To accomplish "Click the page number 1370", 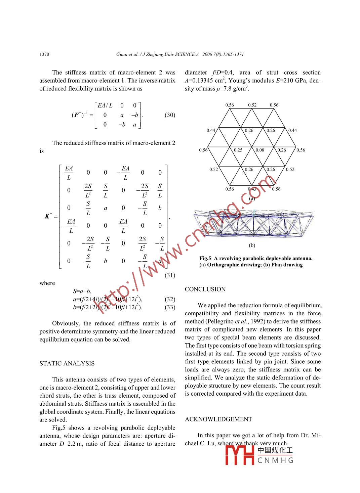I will (x=44, y=54).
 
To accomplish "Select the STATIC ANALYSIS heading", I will (x=67, y=363).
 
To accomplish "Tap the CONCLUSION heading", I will (x=205, y=289).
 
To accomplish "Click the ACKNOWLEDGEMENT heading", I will (x=218, y=419).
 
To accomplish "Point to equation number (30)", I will (x=170, y=115).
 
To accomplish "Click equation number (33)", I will (x=170, y=307).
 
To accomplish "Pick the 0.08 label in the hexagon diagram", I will (x=260, y=150).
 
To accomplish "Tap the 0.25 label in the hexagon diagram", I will (x=238, y=150).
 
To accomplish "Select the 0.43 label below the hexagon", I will (x=252, y=189).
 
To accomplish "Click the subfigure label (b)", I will (x=252, y=245).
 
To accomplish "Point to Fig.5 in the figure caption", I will (x=205, y=258).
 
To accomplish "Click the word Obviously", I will (x=66, y=323).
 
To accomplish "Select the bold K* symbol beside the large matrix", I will (x=48, y=216).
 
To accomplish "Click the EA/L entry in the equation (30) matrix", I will (x=105, y=105).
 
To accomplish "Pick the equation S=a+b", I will (x=82, y=291).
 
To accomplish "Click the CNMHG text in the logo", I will (x=275, y=460).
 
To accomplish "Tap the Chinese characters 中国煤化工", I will (x=275, y=450).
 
